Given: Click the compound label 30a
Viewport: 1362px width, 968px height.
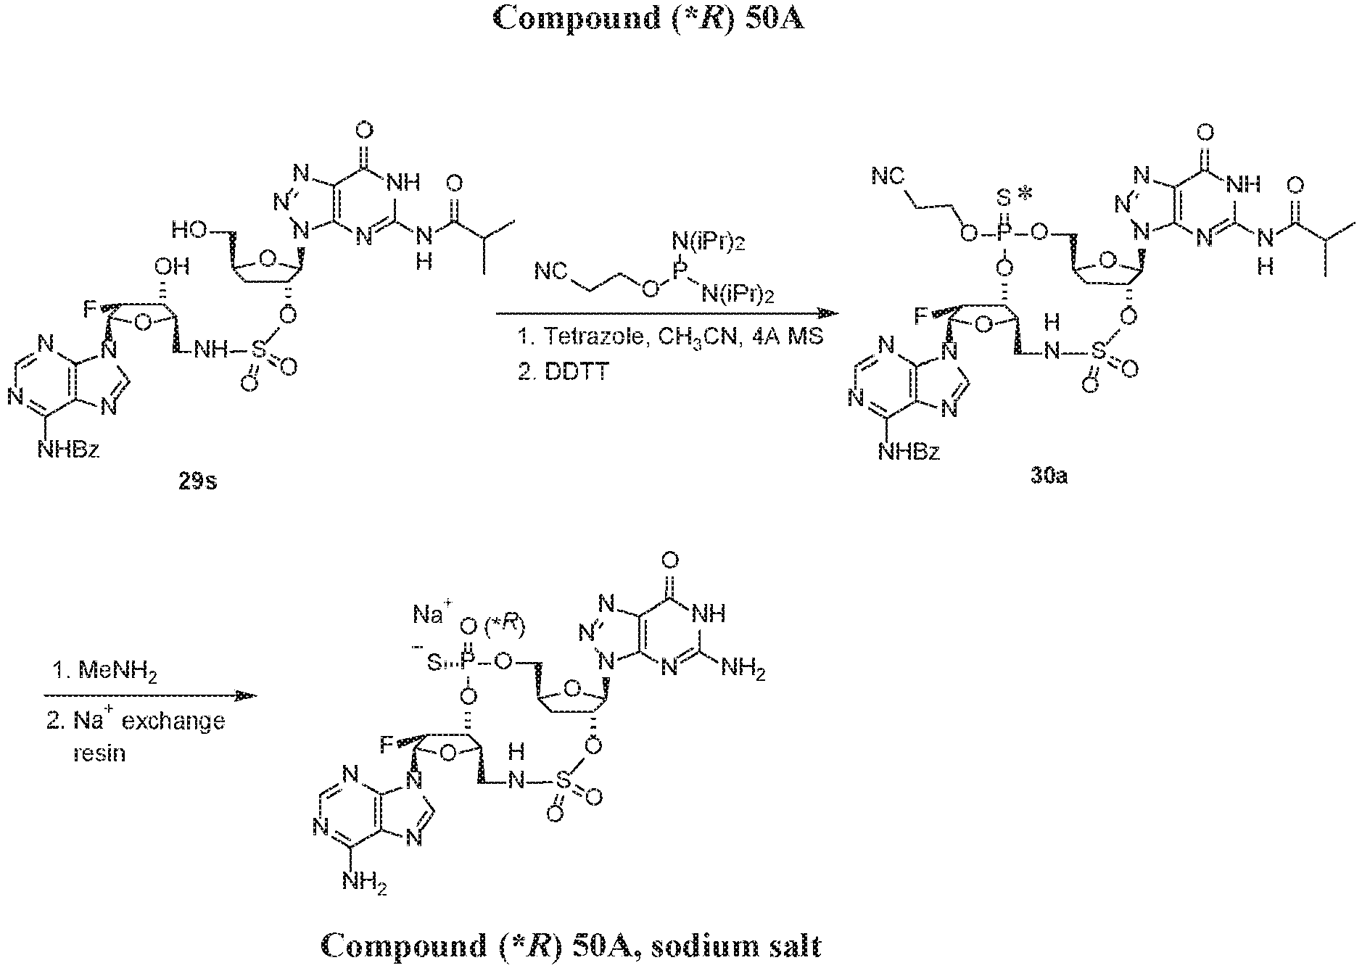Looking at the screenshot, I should (1049, 477).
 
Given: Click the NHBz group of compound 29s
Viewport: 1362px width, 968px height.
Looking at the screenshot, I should (68, 451).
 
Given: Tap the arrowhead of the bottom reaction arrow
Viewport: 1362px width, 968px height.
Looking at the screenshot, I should (247, 696).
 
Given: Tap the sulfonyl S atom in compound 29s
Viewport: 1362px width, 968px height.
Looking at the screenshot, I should (260, 352).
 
